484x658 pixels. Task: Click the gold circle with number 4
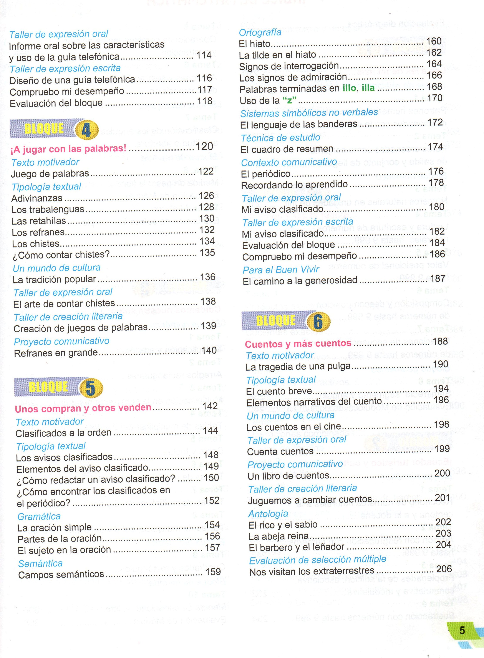pos(86,130)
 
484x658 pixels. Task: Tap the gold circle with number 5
pos(91,388)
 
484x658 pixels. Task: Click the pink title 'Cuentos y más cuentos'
pos(298,343)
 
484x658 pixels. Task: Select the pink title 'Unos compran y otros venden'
pos(83,408)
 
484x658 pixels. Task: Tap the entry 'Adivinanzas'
pos(37,198)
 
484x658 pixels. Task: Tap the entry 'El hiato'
pos(255,44)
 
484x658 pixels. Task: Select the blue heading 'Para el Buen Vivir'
pos(281,269)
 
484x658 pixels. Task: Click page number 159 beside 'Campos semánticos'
pos(213,571)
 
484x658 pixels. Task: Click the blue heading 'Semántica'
pos(40,563)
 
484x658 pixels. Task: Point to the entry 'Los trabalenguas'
pos(48,210)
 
